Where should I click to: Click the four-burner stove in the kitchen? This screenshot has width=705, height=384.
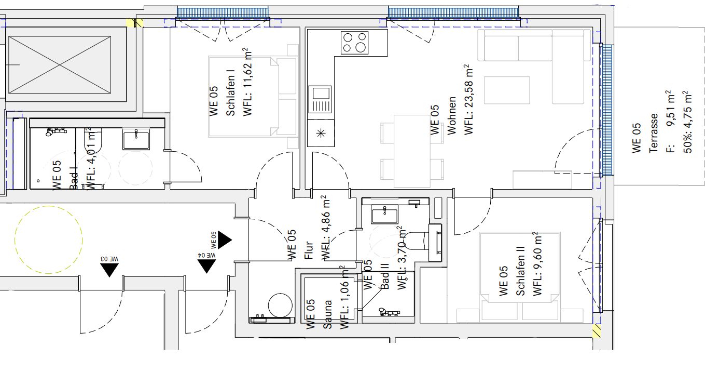354,43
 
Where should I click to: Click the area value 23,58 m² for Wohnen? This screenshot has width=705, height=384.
468,100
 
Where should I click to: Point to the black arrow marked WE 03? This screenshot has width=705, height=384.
109,270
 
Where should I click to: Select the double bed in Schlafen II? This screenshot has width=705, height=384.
520,277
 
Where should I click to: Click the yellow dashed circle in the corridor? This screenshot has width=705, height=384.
48,240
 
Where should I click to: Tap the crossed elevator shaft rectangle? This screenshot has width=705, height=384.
60,64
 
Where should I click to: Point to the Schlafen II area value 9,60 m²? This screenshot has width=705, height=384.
537,264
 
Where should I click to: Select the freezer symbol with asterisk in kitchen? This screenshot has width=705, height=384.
320,134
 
